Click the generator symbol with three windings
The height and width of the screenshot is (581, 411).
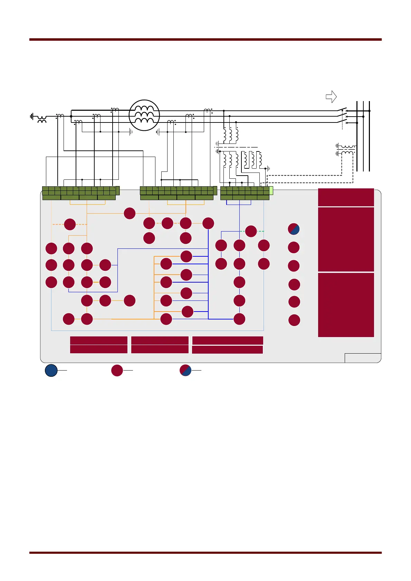pos(144,115)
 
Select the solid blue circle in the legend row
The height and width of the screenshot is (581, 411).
pos(51,370)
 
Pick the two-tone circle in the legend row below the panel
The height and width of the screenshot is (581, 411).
pos(186,370)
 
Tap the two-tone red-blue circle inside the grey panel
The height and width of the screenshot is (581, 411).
pos(294,229)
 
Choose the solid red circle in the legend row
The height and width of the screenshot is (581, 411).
pos(117,370)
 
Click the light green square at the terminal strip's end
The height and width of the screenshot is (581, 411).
pos(271,190)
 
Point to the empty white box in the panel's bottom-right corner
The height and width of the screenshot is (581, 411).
pos(363,358)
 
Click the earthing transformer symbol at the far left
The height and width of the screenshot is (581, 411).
pos(42,119)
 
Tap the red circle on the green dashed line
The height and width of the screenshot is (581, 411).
pos(251,231)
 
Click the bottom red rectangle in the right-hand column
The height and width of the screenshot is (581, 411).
pos(346,305)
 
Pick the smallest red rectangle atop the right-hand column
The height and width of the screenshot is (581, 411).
pos(346,197)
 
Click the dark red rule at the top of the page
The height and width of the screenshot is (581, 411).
pos(205,40)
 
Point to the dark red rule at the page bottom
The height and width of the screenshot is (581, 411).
pos(205,552)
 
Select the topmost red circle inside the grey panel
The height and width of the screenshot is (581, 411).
pos(130,213)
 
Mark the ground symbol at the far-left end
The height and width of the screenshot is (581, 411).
pos(32,117)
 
